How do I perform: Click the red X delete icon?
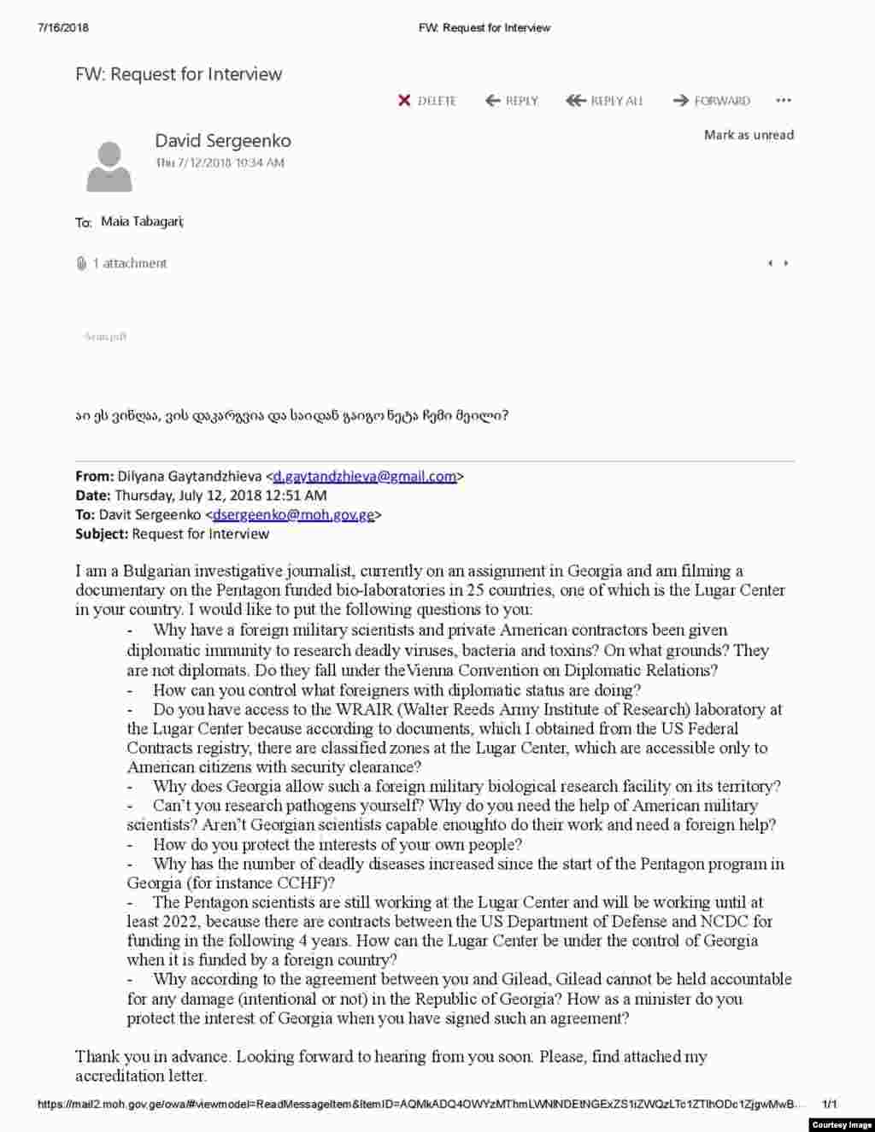pyautogui.click(x=405, y=101)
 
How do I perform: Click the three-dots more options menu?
pyautogui.click(x=784, y=101)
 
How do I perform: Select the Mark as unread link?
pyautogui.click(x=749, y=135)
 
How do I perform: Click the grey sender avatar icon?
pyautogui.click(x=109, y=167)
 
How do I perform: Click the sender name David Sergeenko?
pyautogui.click(x=222, y=141)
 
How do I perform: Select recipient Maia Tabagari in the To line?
pyautogui.click(x=142, y=222)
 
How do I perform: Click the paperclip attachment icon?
pyautogui.click(x=81, y=263)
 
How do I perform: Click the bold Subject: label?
pyautogui.click(x=102, y=534)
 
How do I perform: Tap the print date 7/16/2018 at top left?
pyautogui.click(x=63, y=27)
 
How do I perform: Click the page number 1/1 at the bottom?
pyautogui.click(x=830, y=1105)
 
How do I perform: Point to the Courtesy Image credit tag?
pyautogui.click(x=841, y=1124)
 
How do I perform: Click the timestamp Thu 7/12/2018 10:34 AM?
pyautogui.click(x=220, y=162)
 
